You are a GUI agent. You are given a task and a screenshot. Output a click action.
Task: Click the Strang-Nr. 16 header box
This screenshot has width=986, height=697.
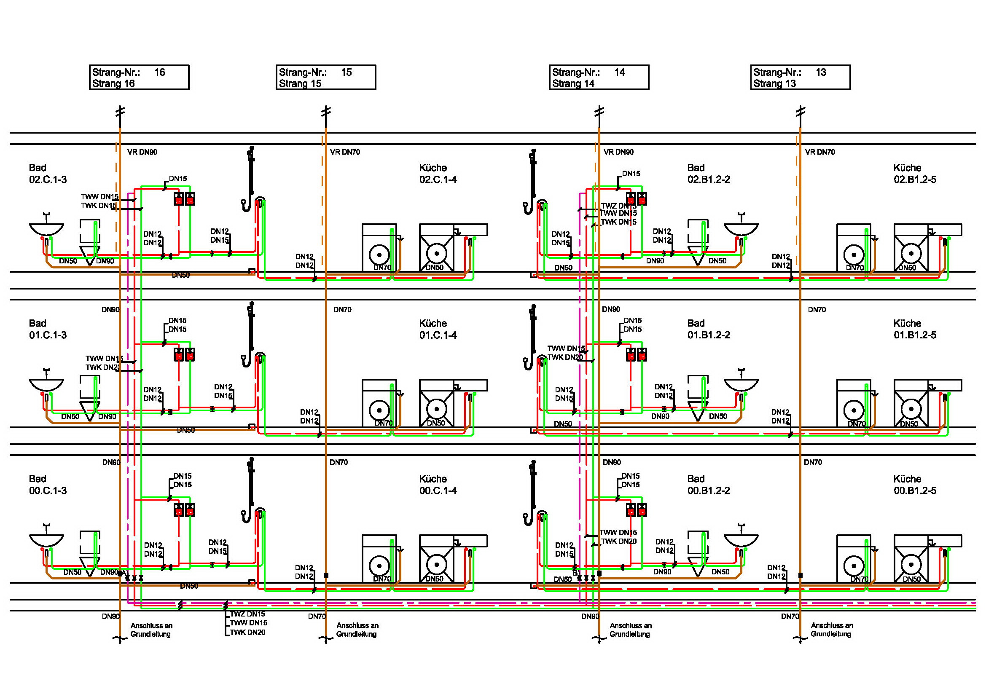coord(139,77)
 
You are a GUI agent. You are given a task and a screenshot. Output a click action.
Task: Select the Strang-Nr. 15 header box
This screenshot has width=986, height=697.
coord(326,77)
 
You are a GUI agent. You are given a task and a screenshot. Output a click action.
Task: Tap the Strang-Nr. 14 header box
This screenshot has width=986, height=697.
coord(599,77)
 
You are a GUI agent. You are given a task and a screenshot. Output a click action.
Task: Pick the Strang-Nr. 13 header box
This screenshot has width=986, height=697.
coord(801,77)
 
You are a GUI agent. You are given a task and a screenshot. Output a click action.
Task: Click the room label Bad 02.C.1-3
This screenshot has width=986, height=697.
coord(48,173)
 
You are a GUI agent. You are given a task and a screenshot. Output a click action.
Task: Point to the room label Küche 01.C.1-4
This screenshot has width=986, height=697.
coord(438,329)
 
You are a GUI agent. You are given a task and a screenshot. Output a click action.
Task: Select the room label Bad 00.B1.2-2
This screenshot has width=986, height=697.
coord(709,485)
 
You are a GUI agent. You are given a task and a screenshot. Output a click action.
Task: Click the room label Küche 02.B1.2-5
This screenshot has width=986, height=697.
coord(915,173)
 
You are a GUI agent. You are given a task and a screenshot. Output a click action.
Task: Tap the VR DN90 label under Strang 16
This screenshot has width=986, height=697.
coord(142,152)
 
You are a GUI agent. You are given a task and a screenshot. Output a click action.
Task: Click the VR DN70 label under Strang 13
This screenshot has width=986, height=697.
coord(820,152)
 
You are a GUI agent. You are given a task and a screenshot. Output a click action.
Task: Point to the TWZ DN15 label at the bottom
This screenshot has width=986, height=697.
coord(247,614)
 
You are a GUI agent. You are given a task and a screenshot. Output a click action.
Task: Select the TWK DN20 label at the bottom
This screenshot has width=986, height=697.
coord(247,632)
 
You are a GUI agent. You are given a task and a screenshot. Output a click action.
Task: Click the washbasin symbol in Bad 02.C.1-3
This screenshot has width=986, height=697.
coord(46,228)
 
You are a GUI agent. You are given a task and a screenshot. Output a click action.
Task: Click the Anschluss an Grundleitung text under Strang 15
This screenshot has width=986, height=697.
coord(357,630)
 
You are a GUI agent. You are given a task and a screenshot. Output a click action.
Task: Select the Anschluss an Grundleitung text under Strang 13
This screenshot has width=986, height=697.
coord(831,630)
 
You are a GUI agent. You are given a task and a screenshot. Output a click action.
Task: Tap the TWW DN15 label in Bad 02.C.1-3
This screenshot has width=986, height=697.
coord(99,196)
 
